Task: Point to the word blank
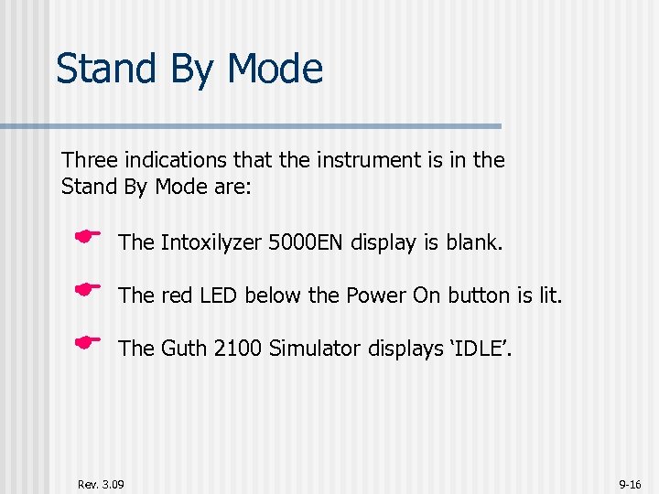474,242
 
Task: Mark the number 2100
239,349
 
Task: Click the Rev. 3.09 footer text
102,482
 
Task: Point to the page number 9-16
630,482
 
